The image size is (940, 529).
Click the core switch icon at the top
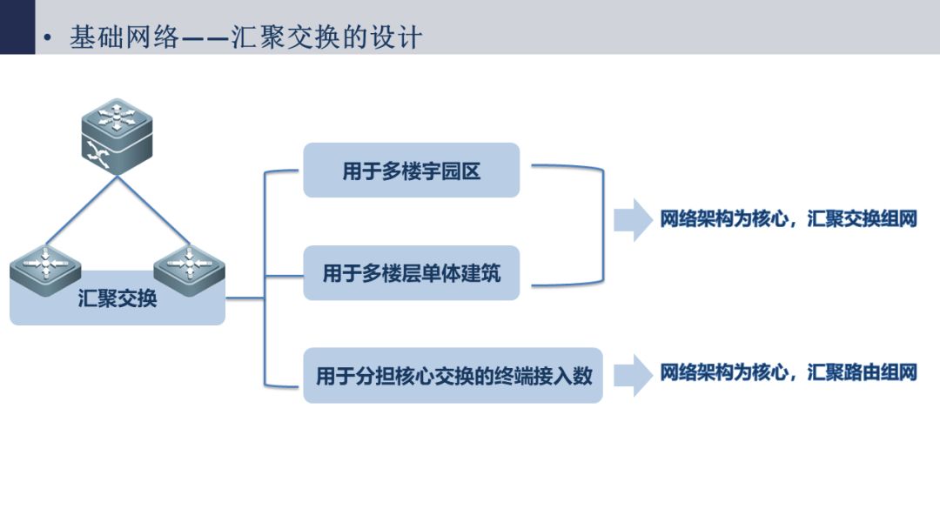coord(117,137)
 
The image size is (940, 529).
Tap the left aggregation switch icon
coord(45,271)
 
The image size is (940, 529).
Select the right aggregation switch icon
coord(190,271)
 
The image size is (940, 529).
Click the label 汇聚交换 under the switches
coord(117,298)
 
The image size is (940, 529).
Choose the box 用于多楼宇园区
coord(411,171)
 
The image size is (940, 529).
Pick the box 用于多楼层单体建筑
coord(411,272)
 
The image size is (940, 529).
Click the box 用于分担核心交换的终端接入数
coord(453,375)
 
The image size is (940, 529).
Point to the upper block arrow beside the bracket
coord(633,220)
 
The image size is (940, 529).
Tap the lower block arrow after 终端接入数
coord(633,376)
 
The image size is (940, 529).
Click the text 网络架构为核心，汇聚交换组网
coord(789,218)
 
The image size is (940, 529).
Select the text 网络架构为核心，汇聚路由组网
coord(789,372)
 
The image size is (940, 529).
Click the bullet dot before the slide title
coord(48,38)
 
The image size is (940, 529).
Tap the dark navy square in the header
coord(17,27)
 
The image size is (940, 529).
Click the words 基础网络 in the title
coord(124,37)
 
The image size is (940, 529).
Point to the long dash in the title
coord(205,39)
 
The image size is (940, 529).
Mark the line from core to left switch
coord(82,211)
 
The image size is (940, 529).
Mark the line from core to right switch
coord(153,211)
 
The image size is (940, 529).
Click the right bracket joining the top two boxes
coord(603,225)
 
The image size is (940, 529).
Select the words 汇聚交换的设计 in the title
coord(326,37)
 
